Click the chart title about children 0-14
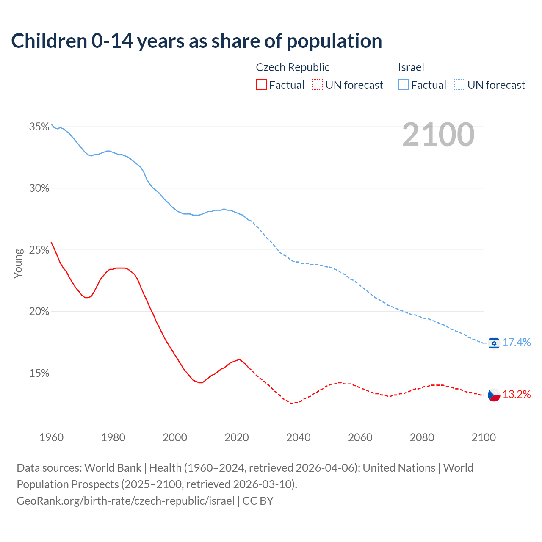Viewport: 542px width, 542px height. pyautogui.click(x=196, y=41)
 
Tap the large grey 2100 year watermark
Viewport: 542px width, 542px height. pyautogui.click(x=438, y=135)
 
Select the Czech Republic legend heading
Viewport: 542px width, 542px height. pyautogui.click(x=293, y=67)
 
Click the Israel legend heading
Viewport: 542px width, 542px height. pyautogui.click(x=411, y=67)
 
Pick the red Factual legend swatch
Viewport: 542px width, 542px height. pyautogui.click(x=261, y=85)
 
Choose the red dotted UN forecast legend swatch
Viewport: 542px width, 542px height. pyautogui.click(x=318, y=85)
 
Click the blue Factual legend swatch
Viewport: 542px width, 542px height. pyautogui.click(x=404, y=85)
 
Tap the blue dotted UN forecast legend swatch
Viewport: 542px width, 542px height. pyautogui.click(x=460, y=85)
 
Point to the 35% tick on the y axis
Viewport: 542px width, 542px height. pyautogui.click(x=39, y=127)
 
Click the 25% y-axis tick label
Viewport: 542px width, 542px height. pyautogui.click(x=39, y=250)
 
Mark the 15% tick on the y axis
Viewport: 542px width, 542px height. pyautogui.click(x=39, y=373)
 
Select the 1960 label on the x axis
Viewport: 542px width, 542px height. pyautogui.click(x=52, y=437)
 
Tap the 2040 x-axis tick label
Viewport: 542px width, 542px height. pyautogui.click(x=299, y=437)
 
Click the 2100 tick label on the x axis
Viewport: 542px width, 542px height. pyautogui.click(x=484, y=437)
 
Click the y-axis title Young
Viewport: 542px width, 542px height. pyautogui.click(x=18, y=263)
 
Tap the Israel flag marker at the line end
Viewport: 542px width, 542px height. pyautogui.click(x=494, y=343)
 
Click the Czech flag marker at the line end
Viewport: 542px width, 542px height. pyautogui.click(x=494, y=395)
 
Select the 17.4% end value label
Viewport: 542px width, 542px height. pyautogui.click(x=517, y=343)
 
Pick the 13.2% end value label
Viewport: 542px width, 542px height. pyautogui.click(x=517, y=395)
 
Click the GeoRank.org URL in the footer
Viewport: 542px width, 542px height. pyautogui.click(x=125, y=501)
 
